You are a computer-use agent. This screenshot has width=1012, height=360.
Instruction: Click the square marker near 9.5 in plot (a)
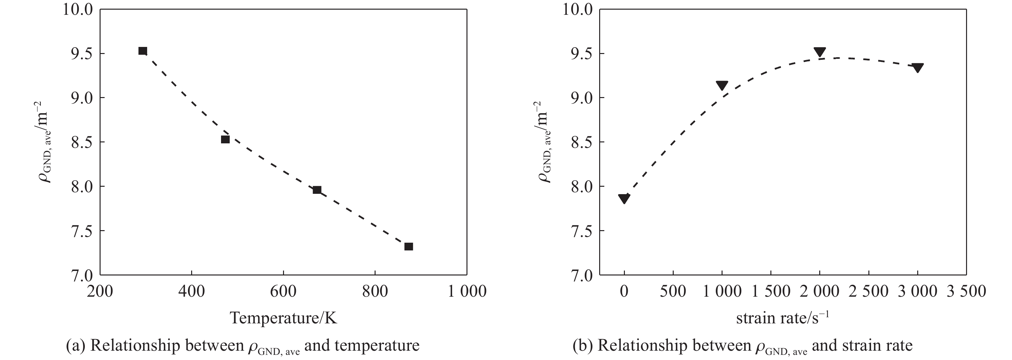(x=143, y=51)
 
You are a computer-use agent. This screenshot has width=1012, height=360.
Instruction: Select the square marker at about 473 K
(x=225, y=139)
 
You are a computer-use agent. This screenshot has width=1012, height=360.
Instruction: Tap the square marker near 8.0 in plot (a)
(x=317, y=190)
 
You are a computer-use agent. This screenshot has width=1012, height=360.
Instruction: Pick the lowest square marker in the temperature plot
(x=409, y=247)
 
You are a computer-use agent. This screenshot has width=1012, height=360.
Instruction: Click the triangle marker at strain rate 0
(x=624, y=198)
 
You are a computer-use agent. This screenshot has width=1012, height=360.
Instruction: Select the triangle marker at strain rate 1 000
(x=722, y=85)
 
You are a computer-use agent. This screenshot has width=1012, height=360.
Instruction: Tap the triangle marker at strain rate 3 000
(x=917, y=67)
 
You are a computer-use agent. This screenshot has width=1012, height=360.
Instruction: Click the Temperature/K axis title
(x=283, y=318)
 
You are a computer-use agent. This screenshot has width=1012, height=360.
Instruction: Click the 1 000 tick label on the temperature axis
(x=467, y=291)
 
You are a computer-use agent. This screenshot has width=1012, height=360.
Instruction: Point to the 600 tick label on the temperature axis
(x=283, y=291)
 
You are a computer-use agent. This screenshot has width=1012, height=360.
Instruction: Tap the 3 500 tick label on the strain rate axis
(x=966, y=291)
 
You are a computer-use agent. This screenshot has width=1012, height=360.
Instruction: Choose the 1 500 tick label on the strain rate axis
(x=771, y=291)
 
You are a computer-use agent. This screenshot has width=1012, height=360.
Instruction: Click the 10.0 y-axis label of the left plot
(x=78, y=9)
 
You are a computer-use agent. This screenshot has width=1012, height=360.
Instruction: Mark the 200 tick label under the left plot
(x=100, y=291)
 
